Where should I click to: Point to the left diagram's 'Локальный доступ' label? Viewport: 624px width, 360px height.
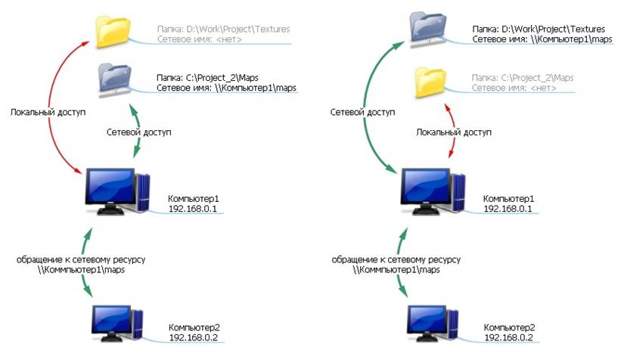tap(48, 112)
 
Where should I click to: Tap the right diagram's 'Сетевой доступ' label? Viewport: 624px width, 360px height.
tap(362, 112)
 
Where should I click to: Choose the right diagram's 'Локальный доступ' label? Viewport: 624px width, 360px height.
tap(454, 132)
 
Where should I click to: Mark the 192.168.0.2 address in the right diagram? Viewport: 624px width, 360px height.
tap(509, 337)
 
